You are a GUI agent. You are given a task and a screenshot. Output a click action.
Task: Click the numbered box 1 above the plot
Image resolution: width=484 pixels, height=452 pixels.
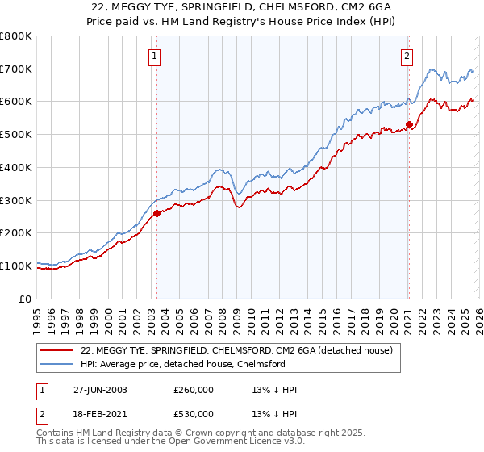(x=153, y=56)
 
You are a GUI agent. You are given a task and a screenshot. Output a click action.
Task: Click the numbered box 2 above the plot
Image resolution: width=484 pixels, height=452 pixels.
(x=406, y=56)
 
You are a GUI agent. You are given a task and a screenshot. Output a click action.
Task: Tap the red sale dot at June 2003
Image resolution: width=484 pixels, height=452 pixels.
(x=156, y=213)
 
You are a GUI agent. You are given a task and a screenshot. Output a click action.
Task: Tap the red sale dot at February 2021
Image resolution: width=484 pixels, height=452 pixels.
(x=409, y=124)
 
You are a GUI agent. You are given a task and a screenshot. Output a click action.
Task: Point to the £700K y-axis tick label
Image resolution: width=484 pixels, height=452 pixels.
(x=16, y=69)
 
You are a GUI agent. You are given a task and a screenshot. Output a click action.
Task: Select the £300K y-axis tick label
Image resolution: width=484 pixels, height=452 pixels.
(x=16, y=200)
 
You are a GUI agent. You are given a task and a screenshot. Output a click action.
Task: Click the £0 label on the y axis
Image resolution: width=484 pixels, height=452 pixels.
(x=24, y=299)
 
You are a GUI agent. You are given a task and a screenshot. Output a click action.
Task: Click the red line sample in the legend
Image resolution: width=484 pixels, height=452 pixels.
(x=56, y=350)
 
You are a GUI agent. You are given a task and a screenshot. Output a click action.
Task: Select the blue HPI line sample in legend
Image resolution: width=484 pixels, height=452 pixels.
(x=56, y=364)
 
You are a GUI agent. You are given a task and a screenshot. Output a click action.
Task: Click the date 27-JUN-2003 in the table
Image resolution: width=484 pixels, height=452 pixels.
(x=100, y=389)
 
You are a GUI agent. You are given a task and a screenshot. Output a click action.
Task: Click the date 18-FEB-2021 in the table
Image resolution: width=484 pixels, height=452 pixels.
(x=100, y=414)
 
